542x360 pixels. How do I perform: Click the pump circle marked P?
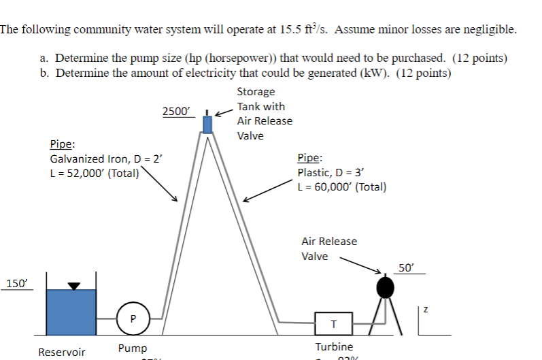coord(133,318)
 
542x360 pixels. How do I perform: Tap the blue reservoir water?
coord(71,312)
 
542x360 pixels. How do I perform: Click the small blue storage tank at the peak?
coord(208,124)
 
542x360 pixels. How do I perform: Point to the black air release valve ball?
coord(386,287)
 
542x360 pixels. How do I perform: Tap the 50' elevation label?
coord(407,267)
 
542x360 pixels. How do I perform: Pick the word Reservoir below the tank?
coord(62,353)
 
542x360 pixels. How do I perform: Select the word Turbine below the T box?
coord(334,347)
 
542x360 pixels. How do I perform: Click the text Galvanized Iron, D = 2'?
coord(107,159)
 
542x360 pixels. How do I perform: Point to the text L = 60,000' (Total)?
coord(342,187)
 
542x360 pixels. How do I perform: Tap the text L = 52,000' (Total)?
coord(95,172)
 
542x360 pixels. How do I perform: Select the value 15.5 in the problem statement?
coord(290,30)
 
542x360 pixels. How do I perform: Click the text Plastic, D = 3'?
coord(332,173)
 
